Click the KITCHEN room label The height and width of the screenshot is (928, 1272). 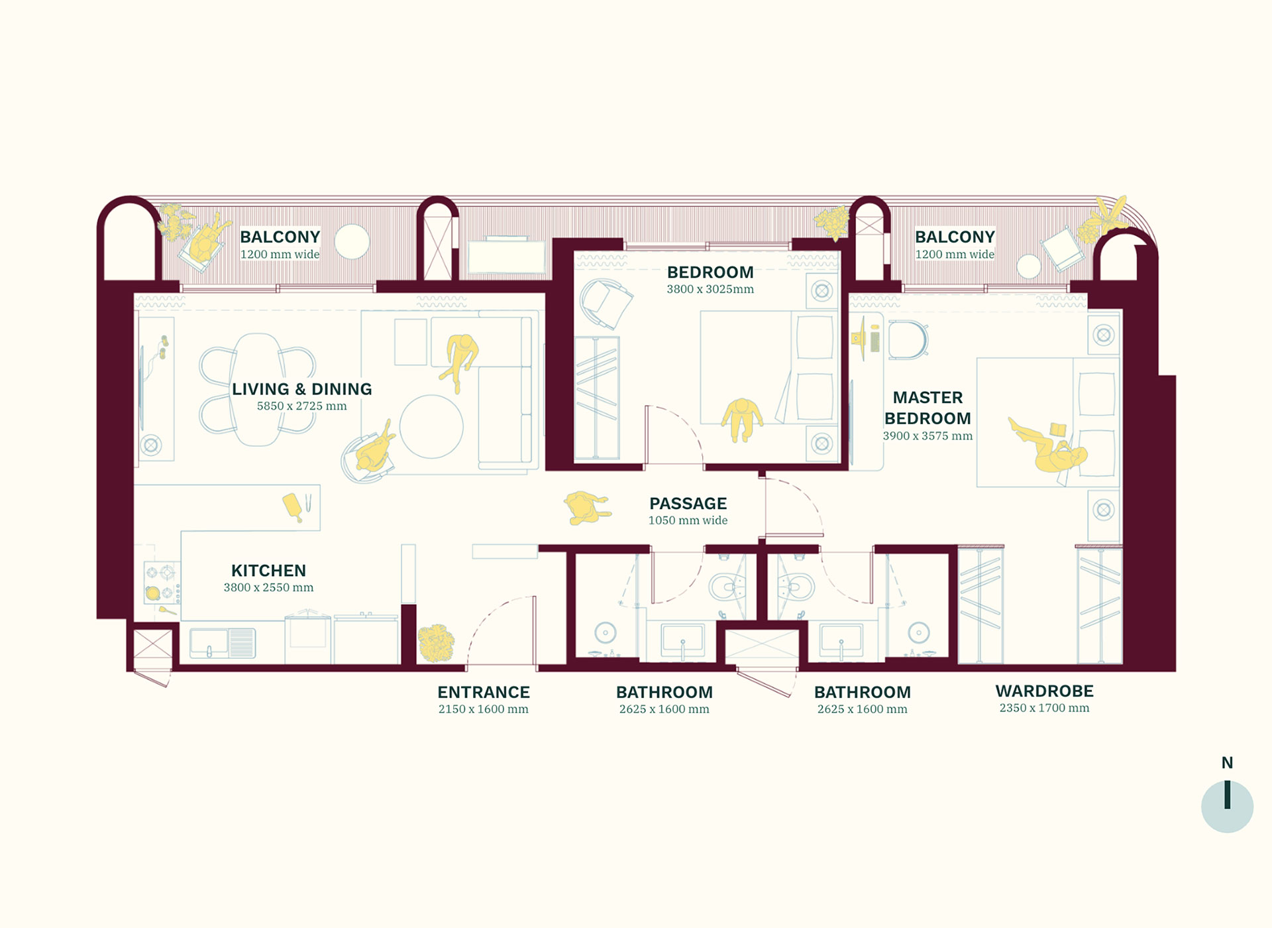(x=268, y=571)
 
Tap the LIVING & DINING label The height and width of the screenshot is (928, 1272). (x=301, y=389)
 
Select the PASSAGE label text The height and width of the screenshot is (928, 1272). (x=688, y=504)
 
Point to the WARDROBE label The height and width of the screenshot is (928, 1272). (x=1044, y=691)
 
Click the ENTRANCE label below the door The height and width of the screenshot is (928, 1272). (x=484, y=693)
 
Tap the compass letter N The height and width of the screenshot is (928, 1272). (x=1227, y=763)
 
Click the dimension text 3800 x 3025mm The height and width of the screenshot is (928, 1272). (x=710, y=290)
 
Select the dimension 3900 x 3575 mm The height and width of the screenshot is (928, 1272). (x=927, y=436)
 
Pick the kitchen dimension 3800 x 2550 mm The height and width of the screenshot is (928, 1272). (x=268, y=588)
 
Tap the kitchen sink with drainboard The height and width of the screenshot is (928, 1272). (x=223, y=643)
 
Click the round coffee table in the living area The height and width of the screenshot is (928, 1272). (x=431, y=426)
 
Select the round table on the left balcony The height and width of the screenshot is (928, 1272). (x=352, y=242)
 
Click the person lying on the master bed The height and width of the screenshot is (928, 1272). (x=1048, y=446)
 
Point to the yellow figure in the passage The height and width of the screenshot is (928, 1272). (x=587, y=507)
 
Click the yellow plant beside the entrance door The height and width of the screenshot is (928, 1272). (x=436, y=643)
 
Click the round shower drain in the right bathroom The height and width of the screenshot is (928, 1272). (x=918, y=633)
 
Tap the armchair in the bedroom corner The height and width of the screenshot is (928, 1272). (x=605, y=304)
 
